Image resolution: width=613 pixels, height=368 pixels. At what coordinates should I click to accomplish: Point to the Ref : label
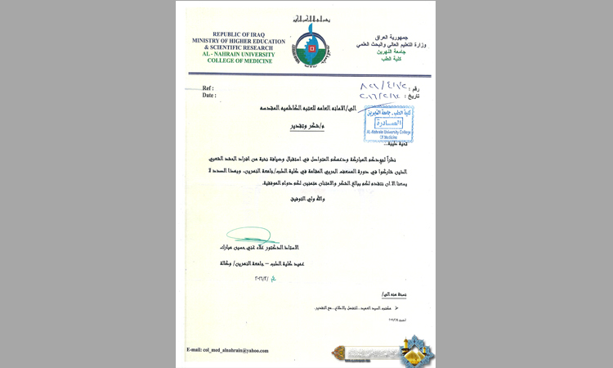tap(208, 88)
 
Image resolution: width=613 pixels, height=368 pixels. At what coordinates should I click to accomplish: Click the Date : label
tap(208, 96)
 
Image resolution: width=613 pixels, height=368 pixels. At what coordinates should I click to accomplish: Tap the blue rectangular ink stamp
tap(387, 122)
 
